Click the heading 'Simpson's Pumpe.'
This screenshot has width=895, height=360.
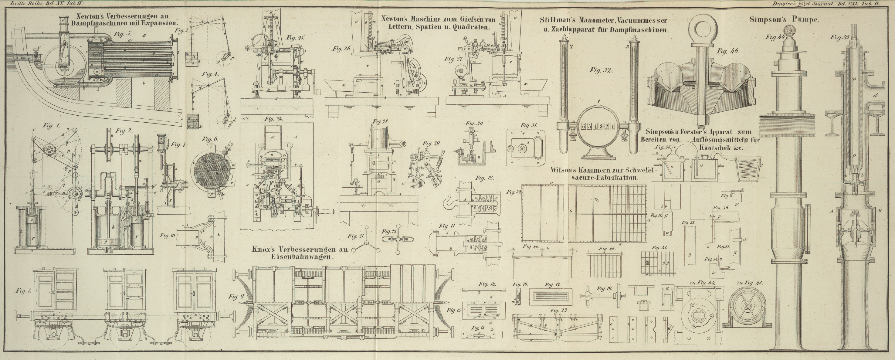pyautogui.click(x=784, y=19)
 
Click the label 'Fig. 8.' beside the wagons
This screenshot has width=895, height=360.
pyautogui.click(x=24, y=291)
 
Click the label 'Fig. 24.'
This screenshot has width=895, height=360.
pyautogui.click(x=274, y=119)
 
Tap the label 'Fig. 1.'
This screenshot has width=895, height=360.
pyautogui.click(x=51, y=125)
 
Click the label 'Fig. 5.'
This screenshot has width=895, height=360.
pyautogui.click(x=122, y=34)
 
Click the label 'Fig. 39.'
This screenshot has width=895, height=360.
pyautogui.click(x=513, y=192)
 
